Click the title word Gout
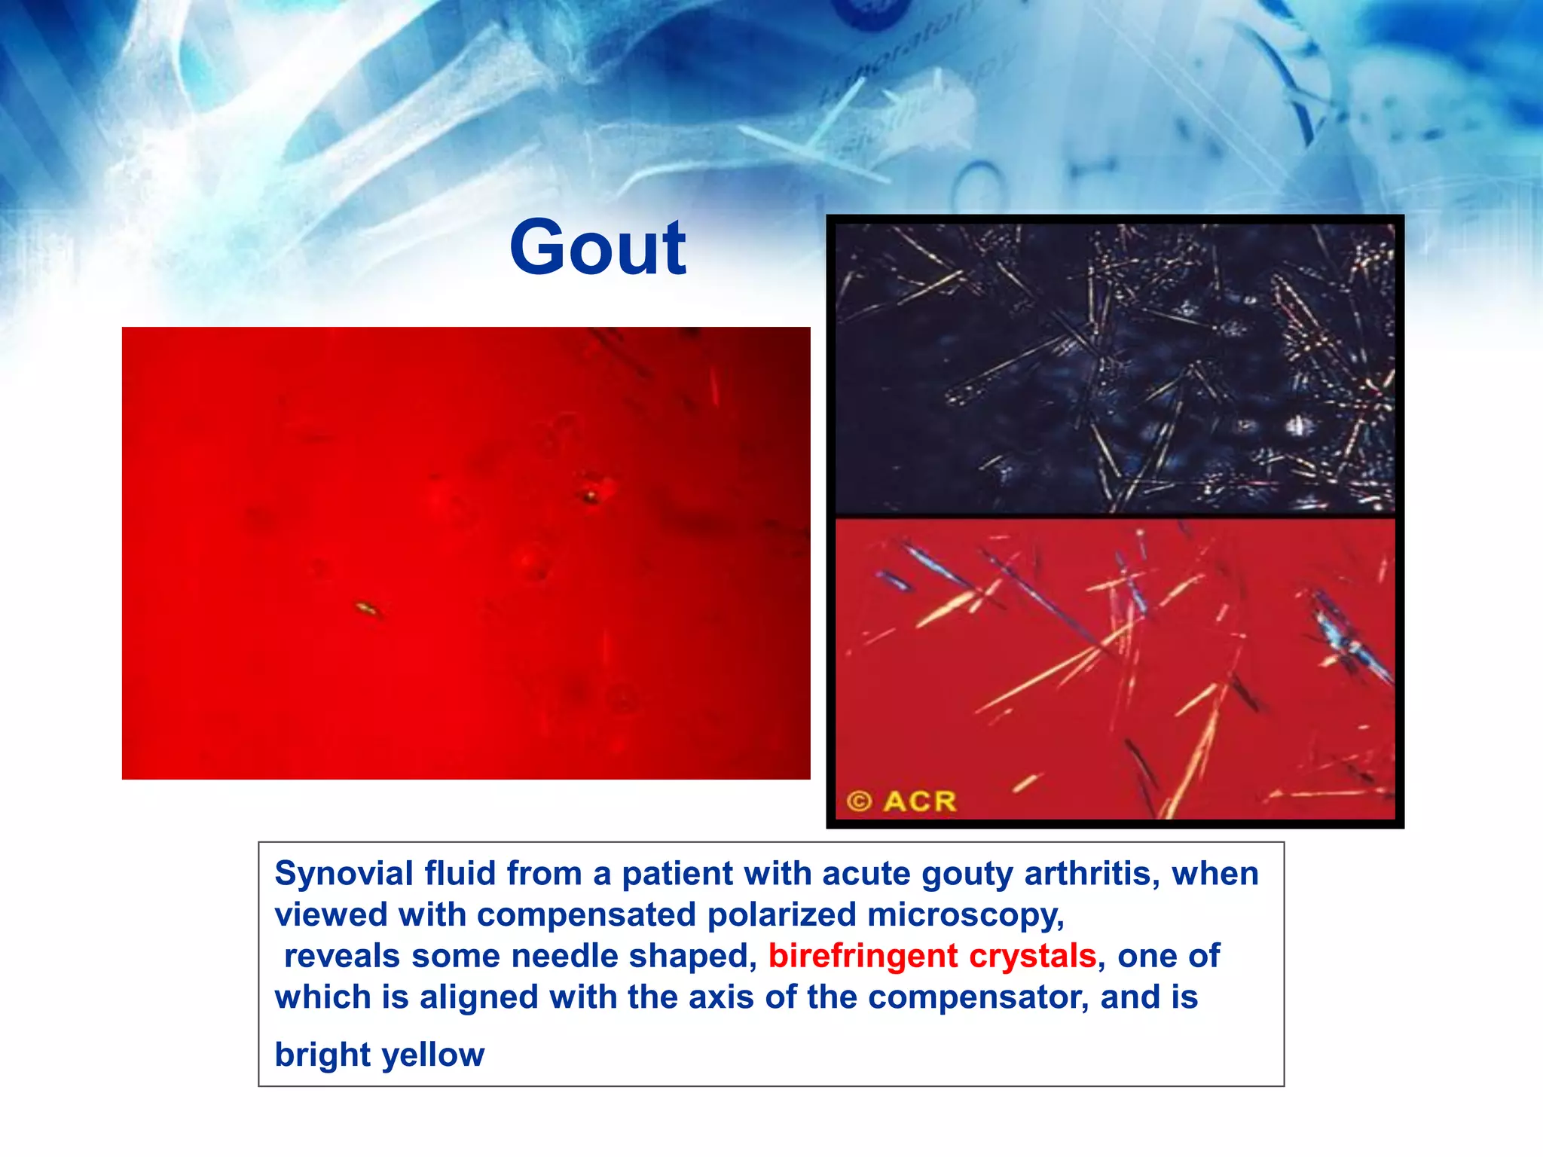point(597,249)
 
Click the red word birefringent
point(863,956)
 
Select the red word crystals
point(1031,956)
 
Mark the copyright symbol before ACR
point(859,801)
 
